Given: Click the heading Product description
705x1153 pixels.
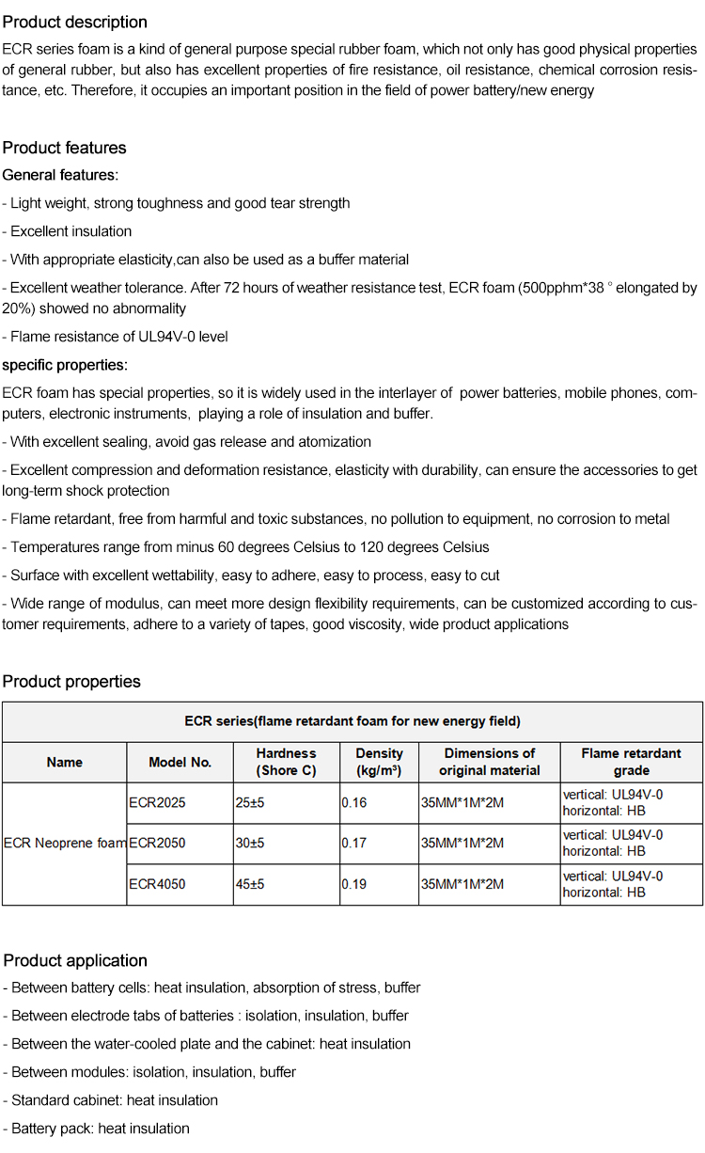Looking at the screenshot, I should (75, 22).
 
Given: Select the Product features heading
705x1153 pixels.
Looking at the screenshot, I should (64, 148).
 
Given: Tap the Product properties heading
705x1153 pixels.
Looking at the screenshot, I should (71, 682).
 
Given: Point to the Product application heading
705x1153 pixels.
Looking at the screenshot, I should (75, 960).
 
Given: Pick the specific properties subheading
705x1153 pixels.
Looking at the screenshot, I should (65, 365).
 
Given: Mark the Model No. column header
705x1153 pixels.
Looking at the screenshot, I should (180, 763).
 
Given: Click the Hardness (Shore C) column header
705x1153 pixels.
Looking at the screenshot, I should (286, 762).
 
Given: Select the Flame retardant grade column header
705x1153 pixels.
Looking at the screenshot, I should (631, 762).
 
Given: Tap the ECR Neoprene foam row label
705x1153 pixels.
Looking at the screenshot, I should (65, 844).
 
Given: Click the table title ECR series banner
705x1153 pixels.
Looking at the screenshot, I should (352, 721).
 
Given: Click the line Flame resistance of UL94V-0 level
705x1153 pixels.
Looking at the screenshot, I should (116, 337).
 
